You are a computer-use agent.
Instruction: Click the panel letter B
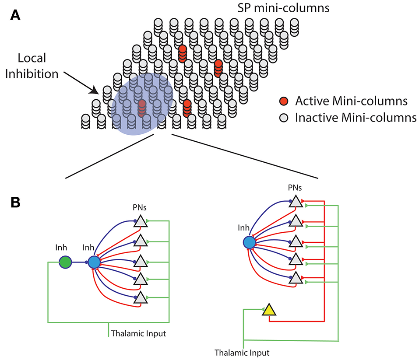[x=15, y=203]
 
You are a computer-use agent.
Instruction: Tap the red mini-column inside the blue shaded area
[x=142, y=108]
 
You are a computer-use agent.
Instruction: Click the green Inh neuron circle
[x=65, y=262]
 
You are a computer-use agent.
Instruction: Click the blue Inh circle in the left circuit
[x=94, y=262]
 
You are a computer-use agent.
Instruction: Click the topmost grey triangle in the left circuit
[x=141, y=222]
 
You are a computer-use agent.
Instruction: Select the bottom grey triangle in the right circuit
[x=296, y=278]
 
